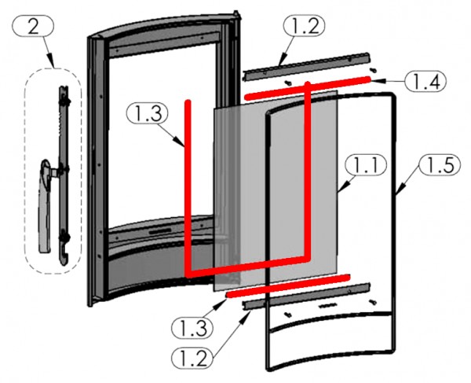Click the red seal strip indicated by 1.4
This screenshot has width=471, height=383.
(306, 87)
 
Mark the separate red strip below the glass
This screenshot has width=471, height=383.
(287, 285)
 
